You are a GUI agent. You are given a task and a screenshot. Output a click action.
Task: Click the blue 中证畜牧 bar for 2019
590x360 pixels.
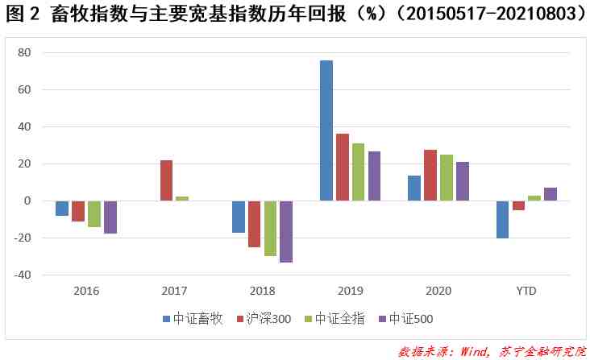pos(326,130)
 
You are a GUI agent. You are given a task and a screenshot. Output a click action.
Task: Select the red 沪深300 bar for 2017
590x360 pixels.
pos(166,180)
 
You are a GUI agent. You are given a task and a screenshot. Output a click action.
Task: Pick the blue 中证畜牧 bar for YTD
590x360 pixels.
pos(502,219)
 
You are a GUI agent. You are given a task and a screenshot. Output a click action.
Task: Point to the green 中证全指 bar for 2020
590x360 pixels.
pos(446,177)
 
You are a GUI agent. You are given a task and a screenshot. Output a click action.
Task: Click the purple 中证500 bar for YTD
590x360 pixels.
pos(551,194)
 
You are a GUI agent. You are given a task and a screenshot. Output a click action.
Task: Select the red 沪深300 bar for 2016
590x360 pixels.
pos(78,211)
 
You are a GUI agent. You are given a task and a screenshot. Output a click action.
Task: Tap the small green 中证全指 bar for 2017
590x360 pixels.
pos(182,198)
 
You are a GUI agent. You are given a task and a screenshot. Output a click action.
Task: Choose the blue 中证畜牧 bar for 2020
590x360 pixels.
pos(414,188)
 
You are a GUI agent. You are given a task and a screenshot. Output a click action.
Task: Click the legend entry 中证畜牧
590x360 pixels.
pos(193,319)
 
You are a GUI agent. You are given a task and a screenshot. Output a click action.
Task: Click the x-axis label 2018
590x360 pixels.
pos(262,291)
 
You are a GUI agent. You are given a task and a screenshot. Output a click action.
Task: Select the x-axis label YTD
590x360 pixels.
pos(526,291)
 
